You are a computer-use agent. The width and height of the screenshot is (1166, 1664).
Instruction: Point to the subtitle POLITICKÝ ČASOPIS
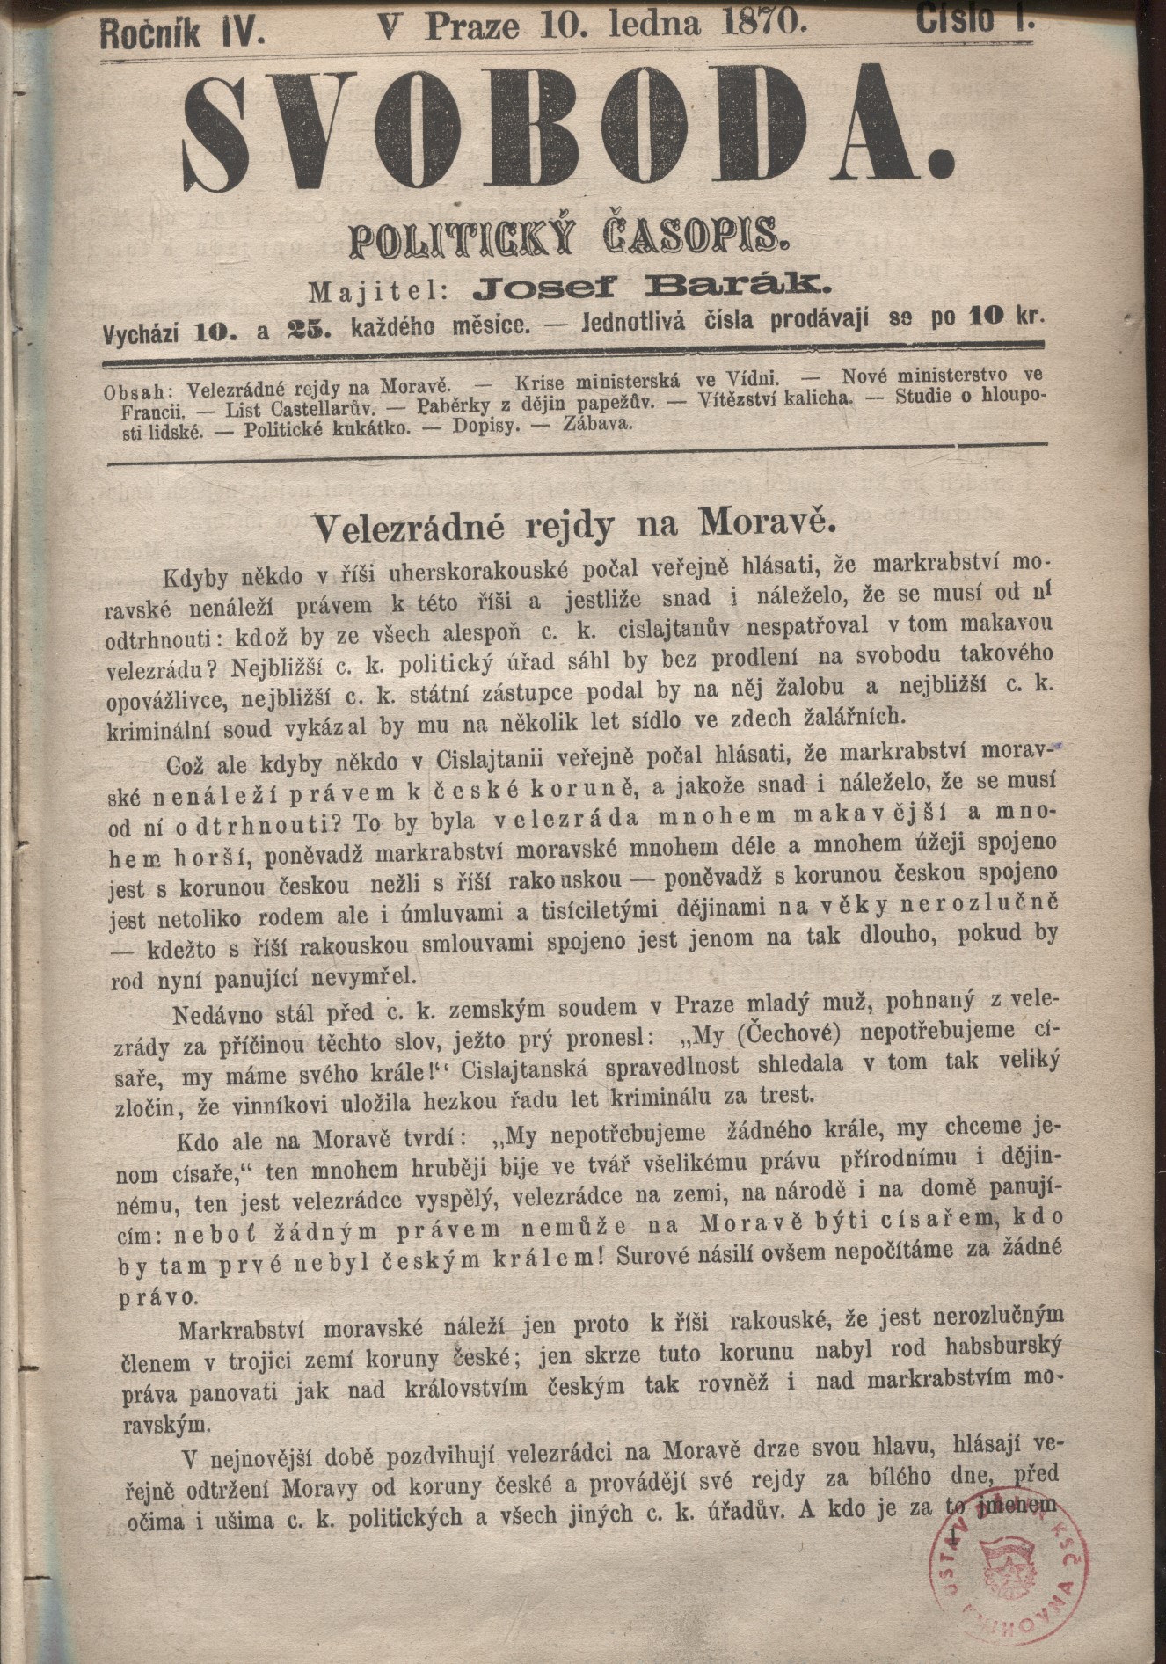571,238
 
